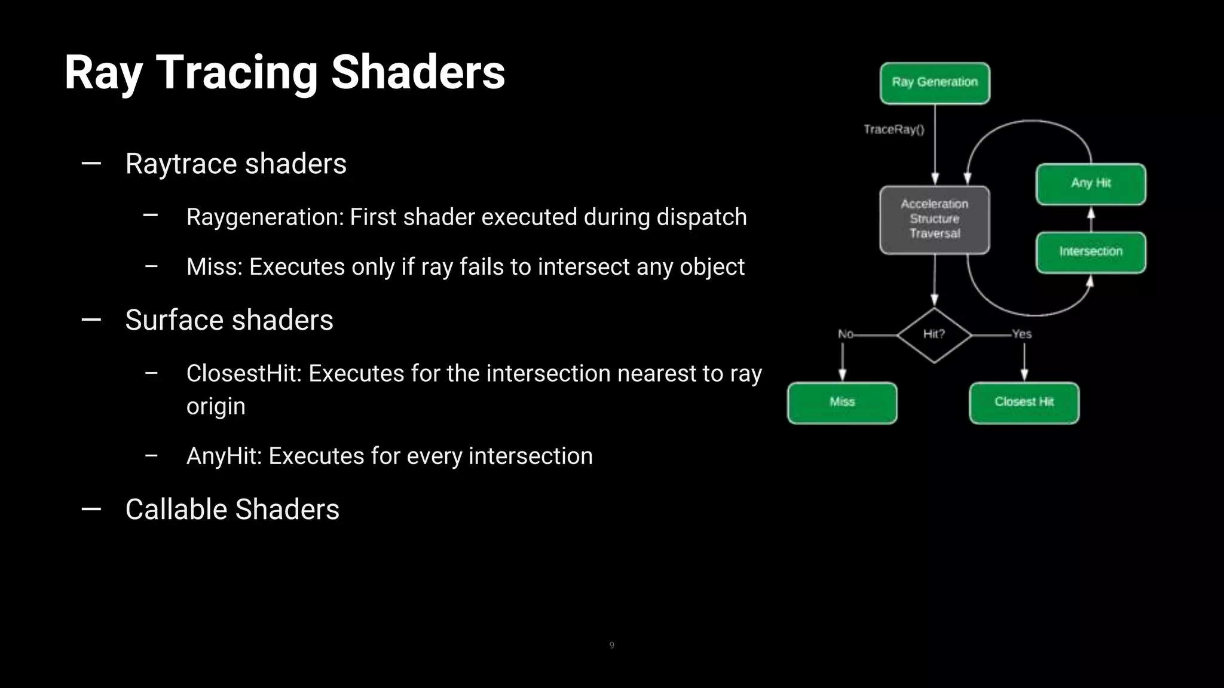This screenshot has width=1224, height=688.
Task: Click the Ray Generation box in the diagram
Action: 935,83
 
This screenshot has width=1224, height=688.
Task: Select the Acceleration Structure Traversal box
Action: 935,219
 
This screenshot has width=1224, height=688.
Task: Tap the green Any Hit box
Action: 1091,183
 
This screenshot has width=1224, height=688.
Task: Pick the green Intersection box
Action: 1091,252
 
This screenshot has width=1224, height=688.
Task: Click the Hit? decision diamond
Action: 934,334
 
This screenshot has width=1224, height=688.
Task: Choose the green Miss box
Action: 842,403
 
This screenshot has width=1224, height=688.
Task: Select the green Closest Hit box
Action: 1024,403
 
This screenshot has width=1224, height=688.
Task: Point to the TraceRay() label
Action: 893,130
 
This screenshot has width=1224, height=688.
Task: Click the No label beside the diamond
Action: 845,334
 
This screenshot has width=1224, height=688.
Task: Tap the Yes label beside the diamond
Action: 1021,334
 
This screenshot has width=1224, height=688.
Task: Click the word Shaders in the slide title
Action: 418,72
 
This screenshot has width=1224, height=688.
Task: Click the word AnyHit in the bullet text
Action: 224,456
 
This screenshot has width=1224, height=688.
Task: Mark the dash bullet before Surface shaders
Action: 91,320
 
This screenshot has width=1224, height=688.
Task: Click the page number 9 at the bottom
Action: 611,645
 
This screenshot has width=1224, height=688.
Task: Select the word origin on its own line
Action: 216,406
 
